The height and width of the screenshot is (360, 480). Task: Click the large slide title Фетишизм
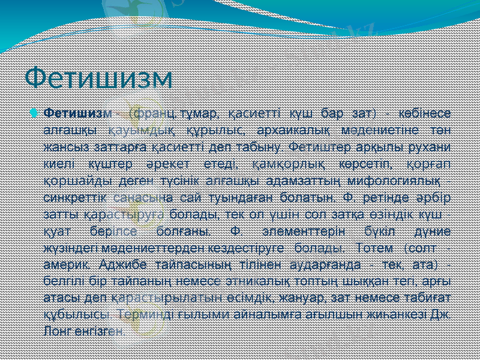point(98,77)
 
